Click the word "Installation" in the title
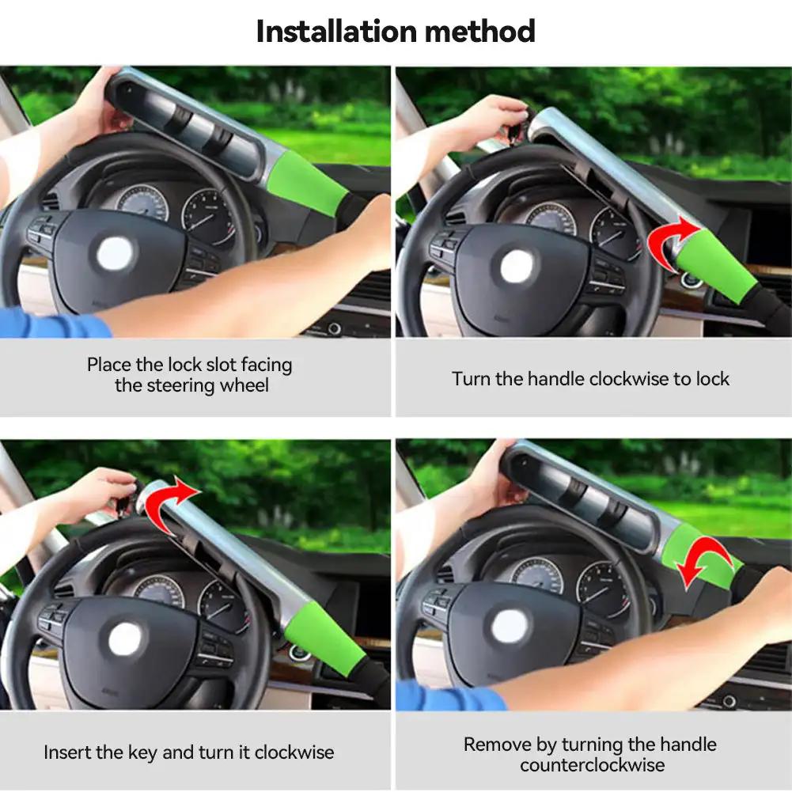click(337, 32)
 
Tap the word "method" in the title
click(479, 32)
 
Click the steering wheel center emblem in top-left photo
click(114, 253)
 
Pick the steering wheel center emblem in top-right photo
click(516, 267)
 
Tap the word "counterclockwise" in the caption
click(592, 765)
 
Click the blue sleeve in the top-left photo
click(53, 324)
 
